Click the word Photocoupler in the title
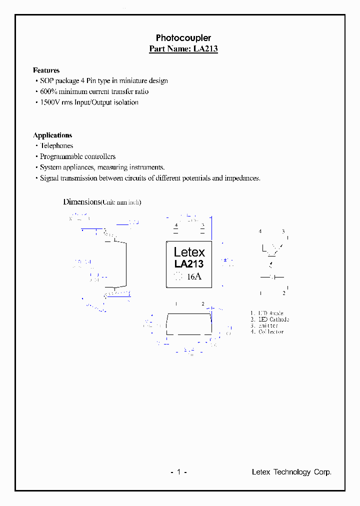(x=183, y=38)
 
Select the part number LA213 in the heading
(x=205, y=49)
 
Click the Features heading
(x=46, y=70)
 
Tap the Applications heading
(x=52, y=135)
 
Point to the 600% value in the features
(x=47, y=91)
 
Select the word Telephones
(x=56, y=146)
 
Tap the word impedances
(x=242, y=178)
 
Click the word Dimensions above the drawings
(x=81, y=201)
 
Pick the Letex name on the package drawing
(x=189, y=252)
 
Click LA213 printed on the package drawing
(x=189, y=264)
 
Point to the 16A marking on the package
(x=194, y=276)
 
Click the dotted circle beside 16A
(x=177, y=276)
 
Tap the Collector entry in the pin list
(x=270, y=331)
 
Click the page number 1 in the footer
(x=178, y=472)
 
